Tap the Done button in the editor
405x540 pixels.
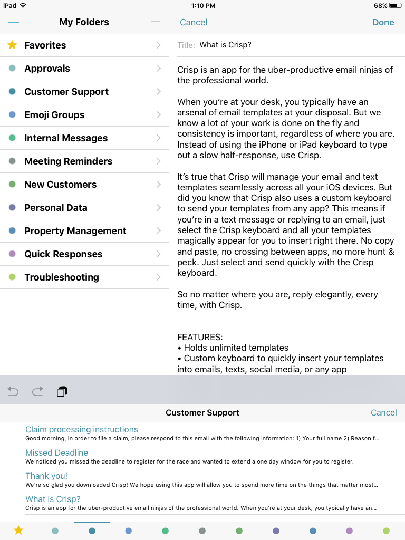coord(383,22)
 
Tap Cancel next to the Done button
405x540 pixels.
coord(194,22)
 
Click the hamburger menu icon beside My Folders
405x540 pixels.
coord(14,22)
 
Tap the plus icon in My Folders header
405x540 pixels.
coord(156,22)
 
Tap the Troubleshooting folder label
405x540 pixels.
coord(62,277)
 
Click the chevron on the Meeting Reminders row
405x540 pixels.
coord(159,161)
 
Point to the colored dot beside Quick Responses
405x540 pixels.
coord(13,254)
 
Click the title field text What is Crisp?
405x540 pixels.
coord(225,45)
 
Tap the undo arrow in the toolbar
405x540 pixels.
coord(13,391)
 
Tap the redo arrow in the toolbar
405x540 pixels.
coord(37,391)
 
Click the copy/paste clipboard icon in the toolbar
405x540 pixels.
coord(62,391)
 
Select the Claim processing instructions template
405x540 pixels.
coord(82,430)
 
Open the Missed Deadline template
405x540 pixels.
coord(57,453)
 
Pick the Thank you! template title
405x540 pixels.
coord(46,476)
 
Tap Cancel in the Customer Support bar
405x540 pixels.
coord(383,413)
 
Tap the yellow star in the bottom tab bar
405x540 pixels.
coord(18,531)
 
